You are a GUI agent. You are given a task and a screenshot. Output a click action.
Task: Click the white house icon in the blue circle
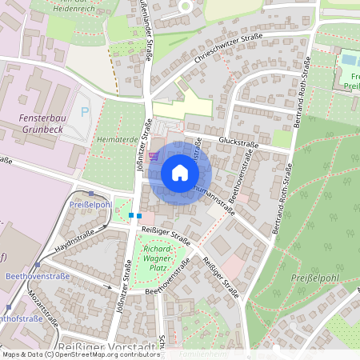(179, 172)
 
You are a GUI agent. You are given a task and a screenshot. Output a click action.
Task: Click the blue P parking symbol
(86, 113)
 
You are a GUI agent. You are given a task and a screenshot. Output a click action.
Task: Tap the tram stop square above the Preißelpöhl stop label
(92, 193)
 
